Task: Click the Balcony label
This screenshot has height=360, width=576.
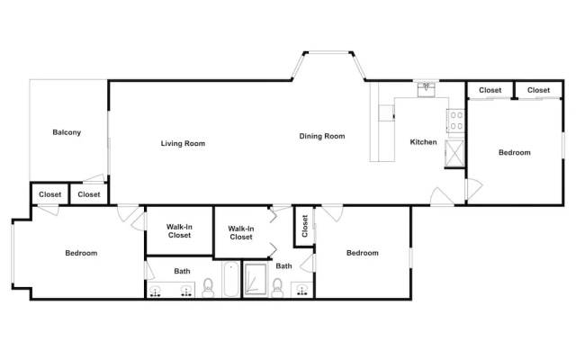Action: tap(67, 132)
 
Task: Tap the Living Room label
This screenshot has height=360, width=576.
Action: tap(183, 143)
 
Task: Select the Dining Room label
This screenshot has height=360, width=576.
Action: tap(322, 136)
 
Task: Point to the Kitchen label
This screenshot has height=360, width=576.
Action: tap(423, 142)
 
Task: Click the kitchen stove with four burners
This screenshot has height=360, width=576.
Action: tap(456, 121)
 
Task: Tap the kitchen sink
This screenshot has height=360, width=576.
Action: tap(426, 89)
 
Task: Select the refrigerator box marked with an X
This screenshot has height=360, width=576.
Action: tap(454, 154)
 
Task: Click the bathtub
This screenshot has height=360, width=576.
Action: tap(230, 279)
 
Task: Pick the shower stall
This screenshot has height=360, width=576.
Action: tap(256, 279)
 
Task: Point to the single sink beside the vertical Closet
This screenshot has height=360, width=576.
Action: tap(302, 290)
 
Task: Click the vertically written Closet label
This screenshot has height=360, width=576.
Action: tap(304, 226)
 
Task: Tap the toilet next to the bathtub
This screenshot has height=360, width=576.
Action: tap(208, 288)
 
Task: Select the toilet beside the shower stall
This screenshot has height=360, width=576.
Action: tap(277, 288)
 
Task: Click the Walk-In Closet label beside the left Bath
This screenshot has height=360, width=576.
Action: tap(179, 231)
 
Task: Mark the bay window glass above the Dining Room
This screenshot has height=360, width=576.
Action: tap(328, 52)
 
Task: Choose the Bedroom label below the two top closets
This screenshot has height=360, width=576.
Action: tap(514, 152)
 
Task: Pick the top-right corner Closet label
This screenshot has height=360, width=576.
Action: tap(538, 90)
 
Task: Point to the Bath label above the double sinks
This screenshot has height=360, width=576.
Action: tap(182, 271)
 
